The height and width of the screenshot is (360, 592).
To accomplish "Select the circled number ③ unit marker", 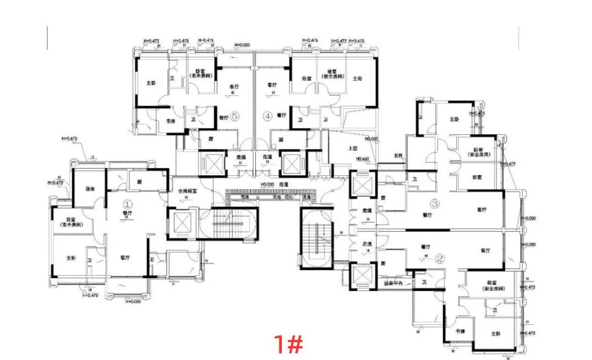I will click(x=435, y=204).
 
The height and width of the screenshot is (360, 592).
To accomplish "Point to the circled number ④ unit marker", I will click(x=267, y=116).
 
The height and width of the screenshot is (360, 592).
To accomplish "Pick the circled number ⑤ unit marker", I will click(x=235, y=116).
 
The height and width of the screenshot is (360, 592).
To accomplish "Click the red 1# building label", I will click(x=288, y=344).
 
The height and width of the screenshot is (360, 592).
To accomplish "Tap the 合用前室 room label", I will click(x=187, y=192).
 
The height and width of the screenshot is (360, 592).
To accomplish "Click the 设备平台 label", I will click(x=393, y=283).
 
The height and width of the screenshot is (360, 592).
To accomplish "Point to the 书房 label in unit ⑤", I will click(x=170, y=121).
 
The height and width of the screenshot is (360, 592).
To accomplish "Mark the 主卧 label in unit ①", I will click(x=71, y=258).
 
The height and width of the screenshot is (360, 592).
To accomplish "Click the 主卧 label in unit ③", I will click(x=454, y=119).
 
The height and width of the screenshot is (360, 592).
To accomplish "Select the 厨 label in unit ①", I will click(x=139, y=181).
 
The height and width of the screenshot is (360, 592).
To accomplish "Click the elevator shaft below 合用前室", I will click(x=181, y=222).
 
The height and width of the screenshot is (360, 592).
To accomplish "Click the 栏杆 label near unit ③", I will click(x=398, y=156).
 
